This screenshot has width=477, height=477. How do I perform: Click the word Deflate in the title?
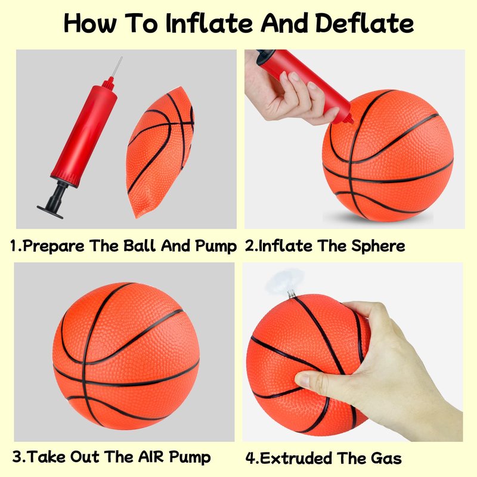coord(364,23)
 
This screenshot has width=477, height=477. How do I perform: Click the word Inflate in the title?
coord(209,23)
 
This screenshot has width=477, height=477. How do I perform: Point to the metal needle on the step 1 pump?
coord(116,67)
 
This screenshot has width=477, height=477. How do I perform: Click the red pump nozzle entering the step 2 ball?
coord(348,119)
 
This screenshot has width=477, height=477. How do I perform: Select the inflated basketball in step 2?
coord(388,156)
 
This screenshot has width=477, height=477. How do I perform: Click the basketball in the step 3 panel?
coord(126,356)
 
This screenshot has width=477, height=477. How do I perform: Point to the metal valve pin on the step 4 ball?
coord(292,294)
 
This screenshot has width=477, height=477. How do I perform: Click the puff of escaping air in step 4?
coord(284,281)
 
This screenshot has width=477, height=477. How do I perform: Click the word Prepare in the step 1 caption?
coord(54,246)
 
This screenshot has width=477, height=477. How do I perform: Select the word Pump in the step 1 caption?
coord(216,246)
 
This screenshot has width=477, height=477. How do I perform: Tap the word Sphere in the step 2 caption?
coord(378,246)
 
